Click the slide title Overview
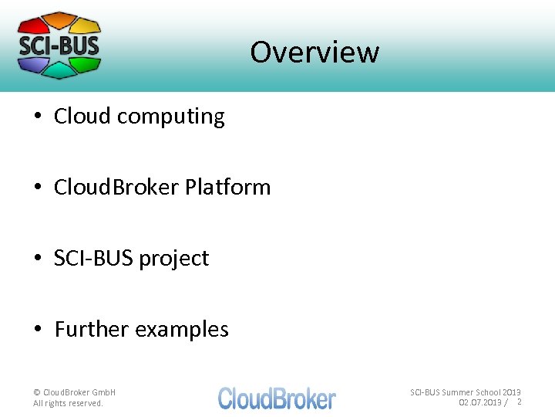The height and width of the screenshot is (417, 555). point(314,53)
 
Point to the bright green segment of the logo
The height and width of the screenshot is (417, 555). point(86,63)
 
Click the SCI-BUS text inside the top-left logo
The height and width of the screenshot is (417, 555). point(59,44)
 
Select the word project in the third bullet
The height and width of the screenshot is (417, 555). point(173,258)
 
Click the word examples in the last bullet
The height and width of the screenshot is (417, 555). point(182,329)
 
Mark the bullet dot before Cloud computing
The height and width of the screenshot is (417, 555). point(38,117)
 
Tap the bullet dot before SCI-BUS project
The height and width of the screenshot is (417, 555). point(38,259)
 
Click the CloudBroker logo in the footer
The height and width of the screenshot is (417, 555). point(277,398)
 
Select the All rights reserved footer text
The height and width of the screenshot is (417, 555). point(68,403)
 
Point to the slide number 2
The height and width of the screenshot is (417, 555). point(519,402)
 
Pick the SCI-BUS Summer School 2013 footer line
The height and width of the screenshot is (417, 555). point(465,392)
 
